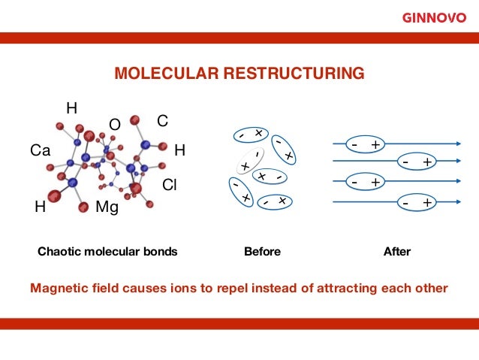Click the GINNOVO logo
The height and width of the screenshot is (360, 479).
point(434,17)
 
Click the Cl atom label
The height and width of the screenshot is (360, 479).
point(170,185)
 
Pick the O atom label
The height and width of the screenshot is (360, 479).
point(115,124)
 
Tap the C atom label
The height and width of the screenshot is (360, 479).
point(161,121)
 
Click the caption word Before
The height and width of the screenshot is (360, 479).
point(263,252)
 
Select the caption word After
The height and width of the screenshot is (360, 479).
point(397,252)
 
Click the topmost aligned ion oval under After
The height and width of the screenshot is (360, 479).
point(364,143)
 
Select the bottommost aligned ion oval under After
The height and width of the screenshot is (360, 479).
point(417,202)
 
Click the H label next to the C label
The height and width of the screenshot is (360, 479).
point(179,150)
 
